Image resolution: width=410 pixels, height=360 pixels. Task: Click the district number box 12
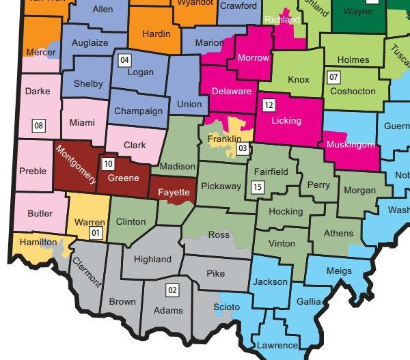269,106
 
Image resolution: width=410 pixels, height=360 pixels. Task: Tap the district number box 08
39,125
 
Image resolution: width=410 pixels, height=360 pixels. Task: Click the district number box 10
108,163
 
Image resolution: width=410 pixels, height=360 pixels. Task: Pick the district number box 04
124,59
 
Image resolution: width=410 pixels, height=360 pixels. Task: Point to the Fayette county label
174,193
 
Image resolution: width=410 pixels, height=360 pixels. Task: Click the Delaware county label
232,91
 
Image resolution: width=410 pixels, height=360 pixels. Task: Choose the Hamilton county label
39,242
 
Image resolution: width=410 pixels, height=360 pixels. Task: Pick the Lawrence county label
277,346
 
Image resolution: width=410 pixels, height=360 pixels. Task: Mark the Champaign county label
138,111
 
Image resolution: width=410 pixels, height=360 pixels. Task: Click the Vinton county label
282,243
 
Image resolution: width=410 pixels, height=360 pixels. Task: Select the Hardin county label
156,33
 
